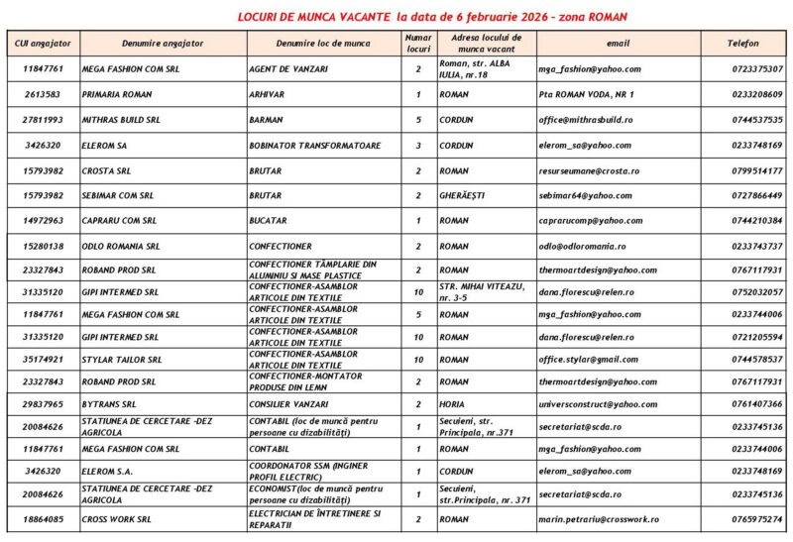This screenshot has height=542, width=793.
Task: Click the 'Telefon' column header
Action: tap(743, 44)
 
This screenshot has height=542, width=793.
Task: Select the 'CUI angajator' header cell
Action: tap(44, 44)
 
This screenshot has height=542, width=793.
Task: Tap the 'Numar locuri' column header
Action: tap(418, 44)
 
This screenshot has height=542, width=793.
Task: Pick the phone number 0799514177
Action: tap(757, 170)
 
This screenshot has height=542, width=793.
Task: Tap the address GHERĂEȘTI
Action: tap(462, 196)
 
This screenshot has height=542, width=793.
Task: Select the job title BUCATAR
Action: tap(269, 221)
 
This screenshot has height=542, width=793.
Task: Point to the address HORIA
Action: tap(452, 404)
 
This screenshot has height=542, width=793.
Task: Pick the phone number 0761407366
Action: tap(757, 404)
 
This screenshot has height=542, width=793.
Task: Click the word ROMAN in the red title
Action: tap(606, 17)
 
